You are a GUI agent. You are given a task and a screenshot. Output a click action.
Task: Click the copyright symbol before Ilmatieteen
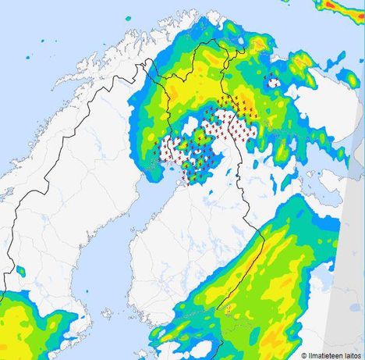tap(282, 355)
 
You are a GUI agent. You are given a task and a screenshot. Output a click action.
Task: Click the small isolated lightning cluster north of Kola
tap(273, 80)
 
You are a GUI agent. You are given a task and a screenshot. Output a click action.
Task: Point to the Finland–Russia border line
tap(248, 195)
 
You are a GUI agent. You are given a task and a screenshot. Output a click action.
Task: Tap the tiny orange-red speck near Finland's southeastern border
tap(231, 312)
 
